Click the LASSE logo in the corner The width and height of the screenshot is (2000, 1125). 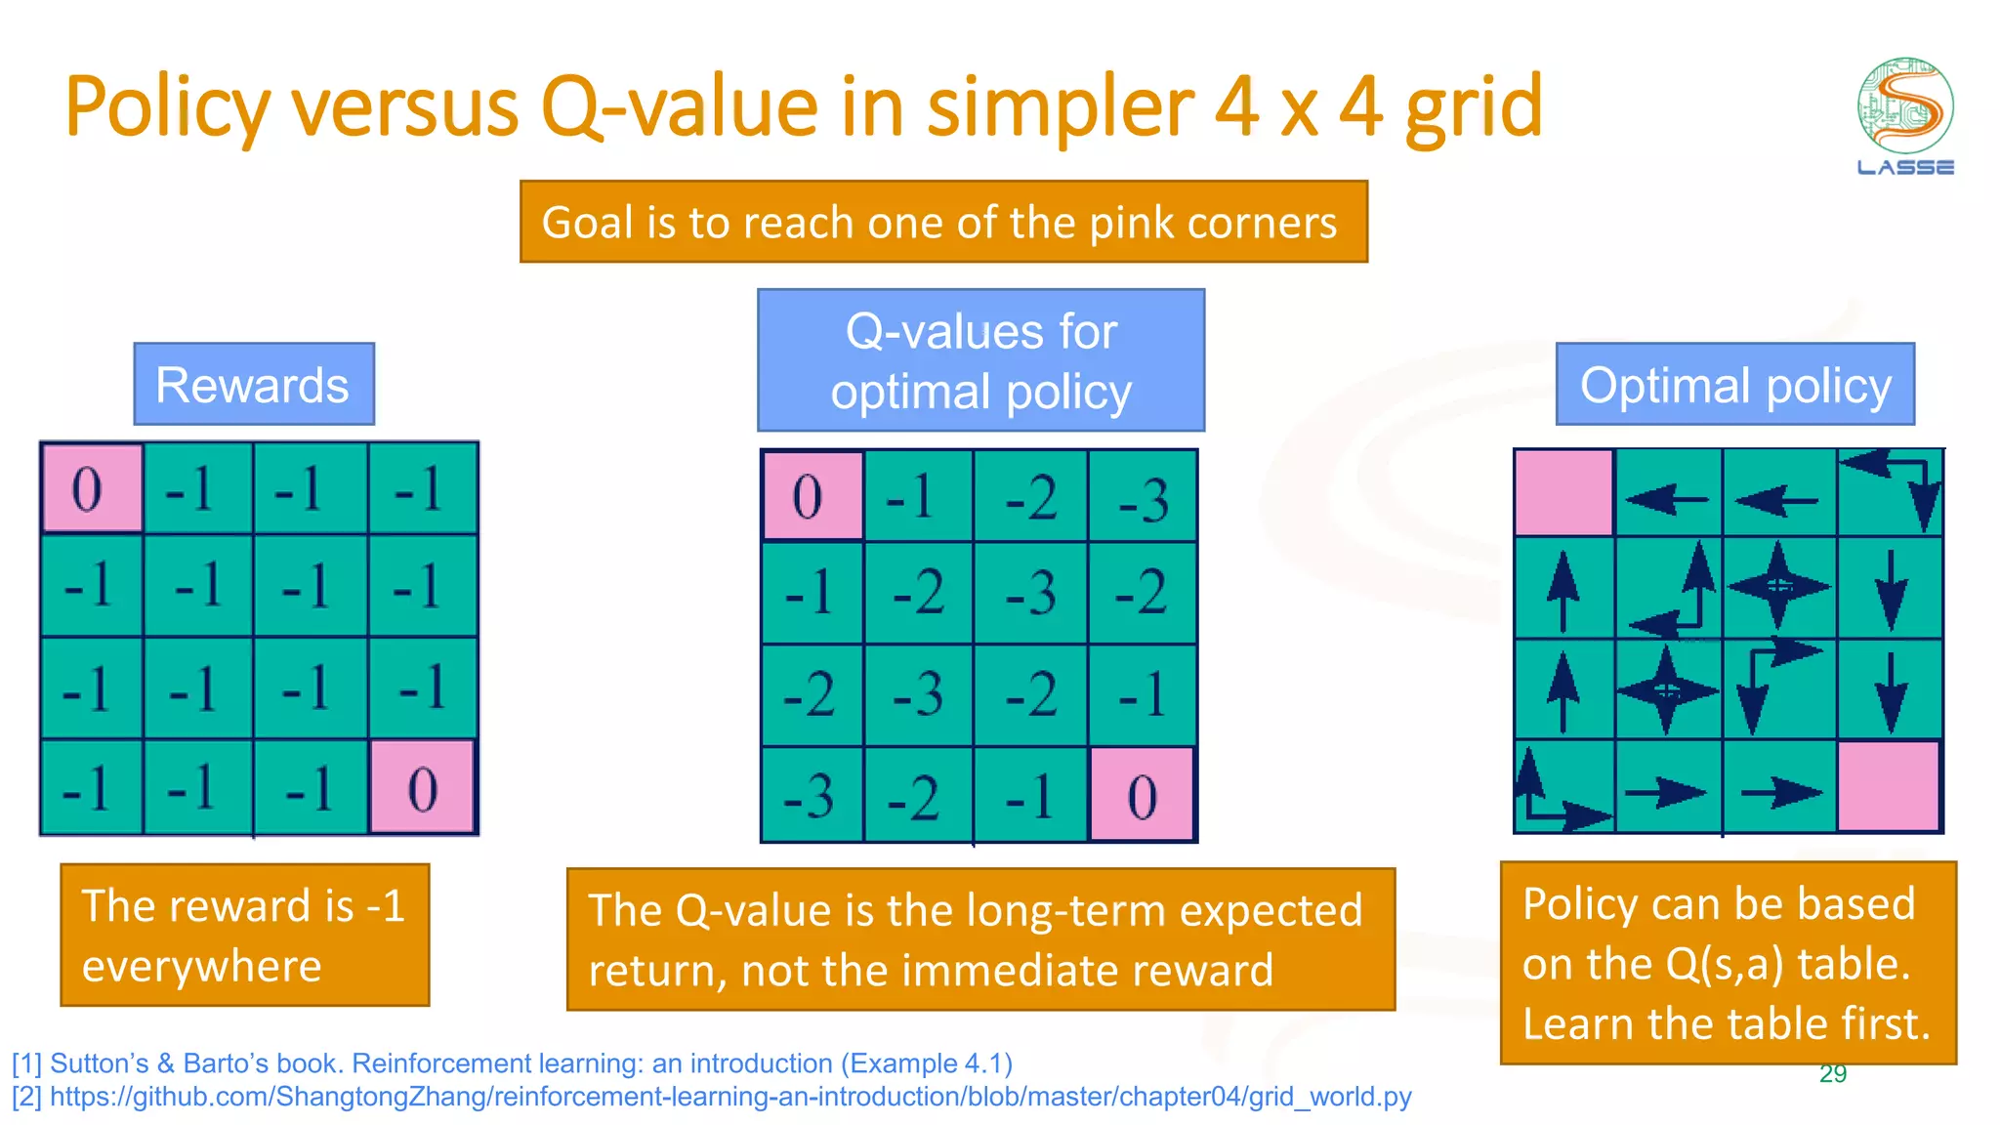(1904, 116)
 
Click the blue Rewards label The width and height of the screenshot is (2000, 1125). (254, 385)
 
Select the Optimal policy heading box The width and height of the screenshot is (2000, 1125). (1734, 385)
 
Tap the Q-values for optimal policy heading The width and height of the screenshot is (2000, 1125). (980, 360)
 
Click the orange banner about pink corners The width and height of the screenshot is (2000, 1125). (943, 222)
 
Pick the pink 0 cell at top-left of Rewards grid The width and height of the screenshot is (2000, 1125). (91, 488)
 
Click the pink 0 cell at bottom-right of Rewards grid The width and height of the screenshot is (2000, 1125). (422, 787)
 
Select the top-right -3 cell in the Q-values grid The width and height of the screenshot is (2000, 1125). (1143, 497)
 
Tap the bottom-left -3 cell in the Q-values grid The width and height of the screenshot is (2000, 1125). (811, 794)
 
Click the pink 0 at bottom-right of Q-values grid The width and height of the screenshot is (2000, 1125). (1142, 794)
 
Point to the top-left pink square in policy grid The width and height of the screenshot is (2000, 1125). (1562, 492)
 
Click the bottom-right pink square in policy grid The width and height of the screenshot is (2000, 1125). (1888, 786)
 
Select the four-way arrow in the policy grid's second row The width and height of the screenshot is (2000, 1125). (1777, 586)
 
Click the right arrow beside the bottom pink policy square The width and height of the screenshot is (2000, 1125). (1779, 792)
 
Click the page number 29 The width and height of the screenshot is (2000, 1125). (1833, 1074)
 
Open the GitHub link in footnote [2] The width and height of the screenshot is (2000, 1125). (730, 1097)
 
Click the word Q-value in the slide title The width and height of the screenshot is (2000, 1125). (680, 107)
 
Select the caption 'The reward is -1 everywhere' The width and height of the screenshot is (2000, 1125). (244, 935)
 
